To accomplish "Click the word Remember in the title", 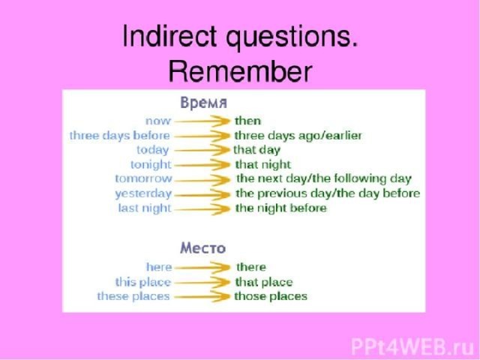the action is coord(240,72).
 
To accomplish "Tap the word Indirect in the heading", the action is coord(169,36).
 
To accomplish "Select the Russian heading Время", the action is coord(203,103).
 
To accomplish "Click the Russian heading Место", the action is coord(203,247).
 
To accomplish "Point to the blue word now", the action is coord(157,121).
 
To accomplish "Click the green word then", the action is coord(247,121).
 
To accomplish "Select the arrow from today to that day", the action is coord(202,150).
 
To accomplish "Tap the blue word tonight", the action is coord(151,165).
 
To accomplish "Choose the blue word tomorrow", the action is coord(143,178).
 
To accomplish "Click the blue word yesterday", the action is coord(143,193).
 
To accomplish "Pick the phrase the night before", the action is coord(281,208).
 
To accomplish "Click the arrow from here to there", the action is coord(202,268).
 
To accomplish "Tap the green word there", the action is coord(251,267).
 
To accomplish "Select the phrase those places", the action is coord(271,296).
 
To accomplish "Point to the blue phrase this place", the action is coord(142,282).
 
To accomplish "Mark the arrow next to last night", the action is coord(202,209).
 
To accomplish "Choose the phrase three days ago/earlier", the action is coord(298,136).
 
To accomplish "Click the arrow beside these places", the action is coord(202,297).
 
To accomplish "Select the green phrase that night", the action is coord(263,165).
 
